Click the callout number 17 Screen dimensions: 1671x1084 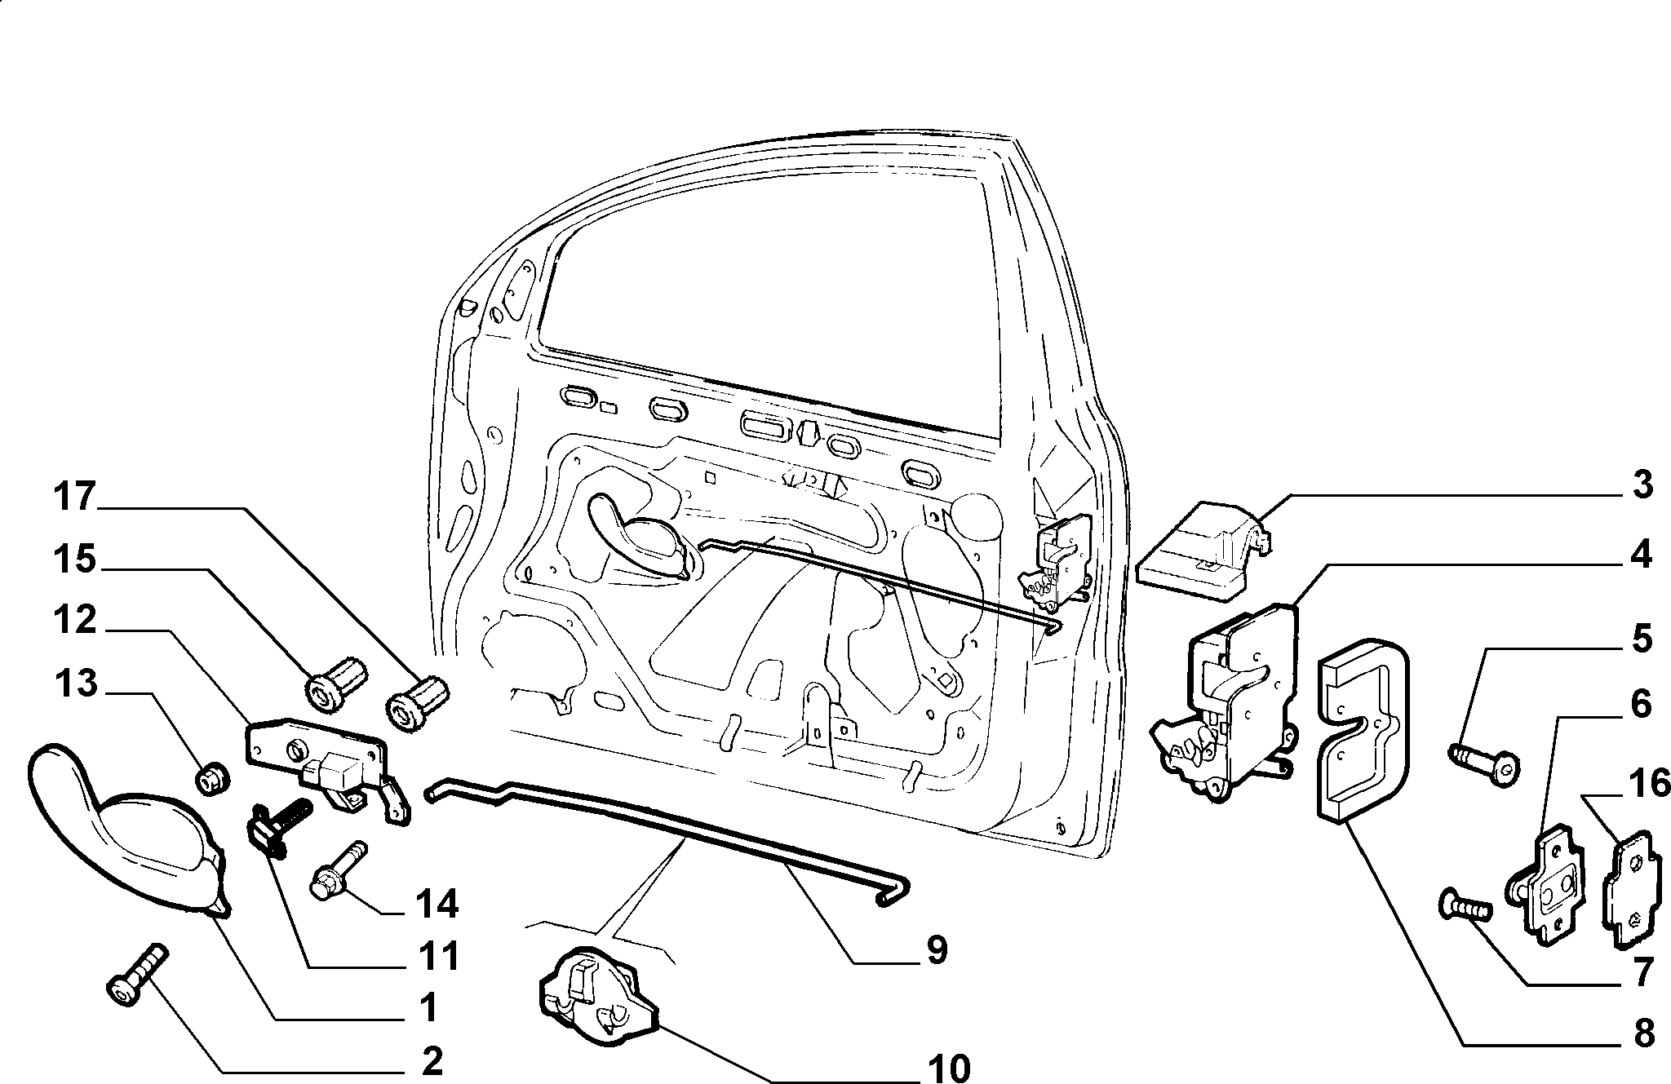tap(75, 498)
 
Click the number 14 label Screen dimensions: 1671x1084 tap(437, 904)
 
